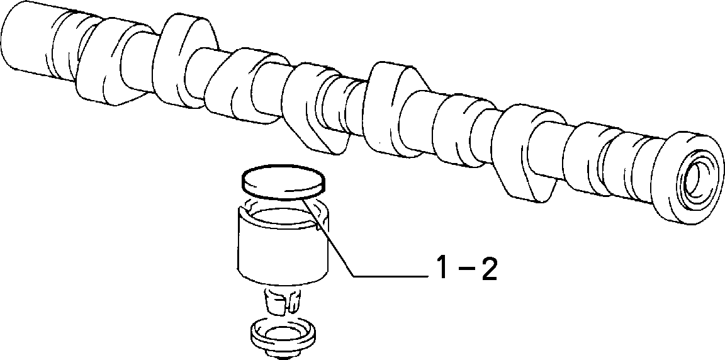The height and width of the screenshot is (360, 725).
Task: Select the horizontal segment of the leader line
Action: point(392,276)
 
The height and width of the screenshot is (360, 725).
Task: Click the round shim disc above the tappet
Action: point(283,183)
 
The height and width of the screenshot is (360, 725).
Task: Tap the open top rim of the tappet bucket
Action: point(283,211)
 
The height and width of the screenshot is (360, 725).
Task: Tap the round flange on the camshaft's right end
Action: point(690,178)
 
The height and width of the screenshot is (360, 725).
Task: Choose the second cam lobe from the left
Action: point(186,62)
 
